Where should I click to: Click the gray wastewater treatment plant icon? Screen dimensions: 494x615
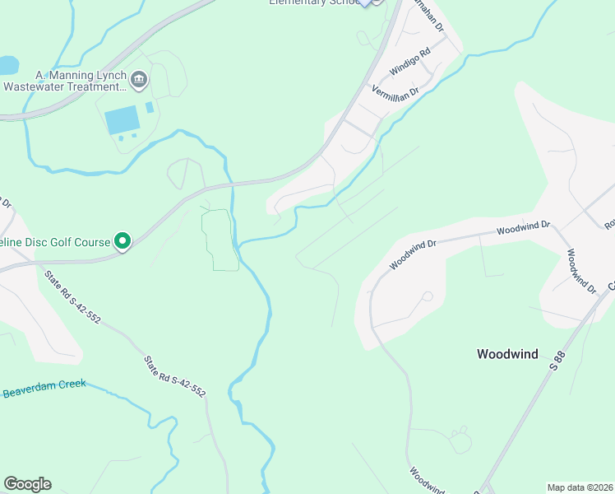(x=139, y=79)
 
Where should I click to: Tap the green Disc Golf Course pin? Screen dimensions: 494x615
(x=123, y=241)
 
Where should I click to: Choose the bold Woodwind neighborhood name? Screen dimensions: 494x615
(x=507, y=354)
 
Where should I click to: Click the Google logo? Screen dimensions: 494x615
(x=27, y=484)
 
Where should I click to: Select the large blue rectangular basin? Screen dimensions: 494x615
(x=123, y=120)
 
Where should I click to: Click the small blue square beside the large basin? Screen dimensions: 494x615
(x=150, y=108)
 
